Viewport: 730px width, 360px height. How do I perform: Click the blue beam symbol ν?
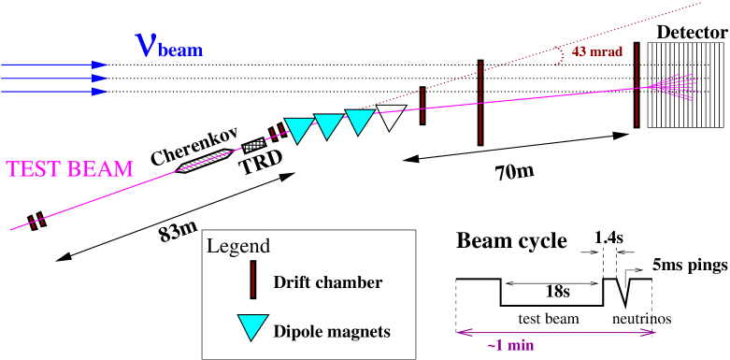(146, 44)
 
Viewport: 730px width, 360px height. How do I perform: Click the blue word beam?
(180, 50)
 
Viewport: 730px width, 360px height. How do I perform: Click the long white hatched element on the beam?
(205, 161)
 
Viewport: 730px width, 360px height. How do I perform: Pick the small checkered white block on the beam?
(253, 145)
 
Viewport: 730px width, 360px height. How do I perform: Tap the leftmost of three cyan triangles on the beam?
(298, 129)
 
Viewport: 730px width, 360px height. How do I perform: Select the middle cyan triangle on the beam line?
(328, 124)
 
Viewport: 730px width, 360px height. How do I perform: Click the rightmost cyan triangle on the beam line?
(360, 120)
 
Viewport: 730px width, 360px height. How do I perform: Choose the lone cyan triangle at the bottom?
(252, 325)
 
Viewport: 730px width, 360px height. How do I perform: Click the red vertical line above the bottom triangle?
(252, 279)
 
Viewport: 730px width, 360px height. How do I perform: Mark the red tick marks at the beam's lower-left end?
(36, 222)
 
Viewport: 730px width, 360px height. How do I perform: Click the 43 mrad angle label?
(596, 52)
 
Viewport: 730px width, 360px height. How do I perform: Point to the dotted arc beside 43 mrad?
(560, 56)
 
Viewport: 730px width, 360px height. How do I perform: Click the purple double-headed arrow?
(556, 332)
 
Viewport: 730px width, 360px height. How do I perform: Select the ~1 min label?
(510, 346)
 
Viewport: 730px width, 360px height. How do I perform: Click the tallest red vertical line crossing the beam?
(480, 103)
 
